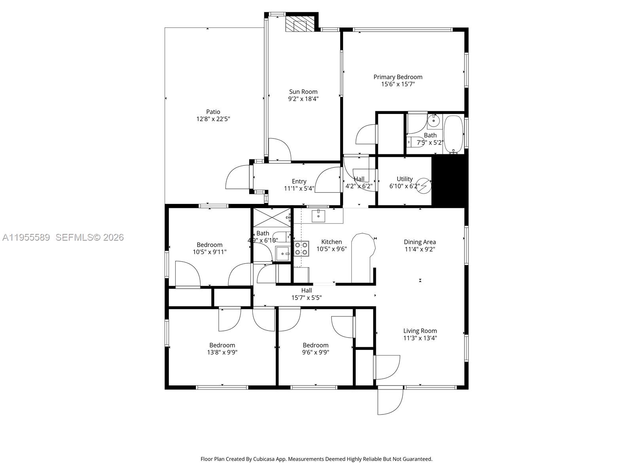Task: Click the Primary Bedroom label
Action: [398, 77]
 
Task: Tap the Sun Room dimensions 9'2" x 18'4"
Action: [303, 99]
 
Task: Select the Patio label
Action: [213, 112]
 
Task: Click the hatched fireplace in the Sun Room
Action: [297, 24]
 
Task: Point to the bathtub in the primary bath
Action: [453, 134]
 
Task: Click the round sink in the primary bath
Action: [434, 119]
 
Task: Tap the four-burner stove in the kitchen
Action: [301, 248]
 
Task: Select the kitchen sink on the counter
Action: [318, 216]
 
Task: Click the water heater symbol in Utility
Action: [424, 186]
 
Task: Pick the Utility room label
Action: [404, 179]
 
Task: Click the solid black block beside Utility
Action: [449, 180]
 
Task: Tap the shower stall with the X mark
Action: [271, 218]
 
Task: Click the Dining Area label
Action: [420, 242]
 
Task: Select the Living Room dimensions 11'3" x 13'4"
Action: [420, 338]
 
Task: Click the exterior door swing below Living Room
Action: [390, 401]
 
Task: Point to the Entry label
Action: [299, 181]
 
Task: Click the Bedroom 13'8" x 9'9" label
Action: [222, 345]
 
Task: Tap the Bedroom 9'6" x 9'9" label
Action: [315, 345]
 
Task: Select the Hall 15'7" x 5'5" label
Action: [306, 290]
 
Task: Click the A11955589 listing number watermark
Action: [26, 237]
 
